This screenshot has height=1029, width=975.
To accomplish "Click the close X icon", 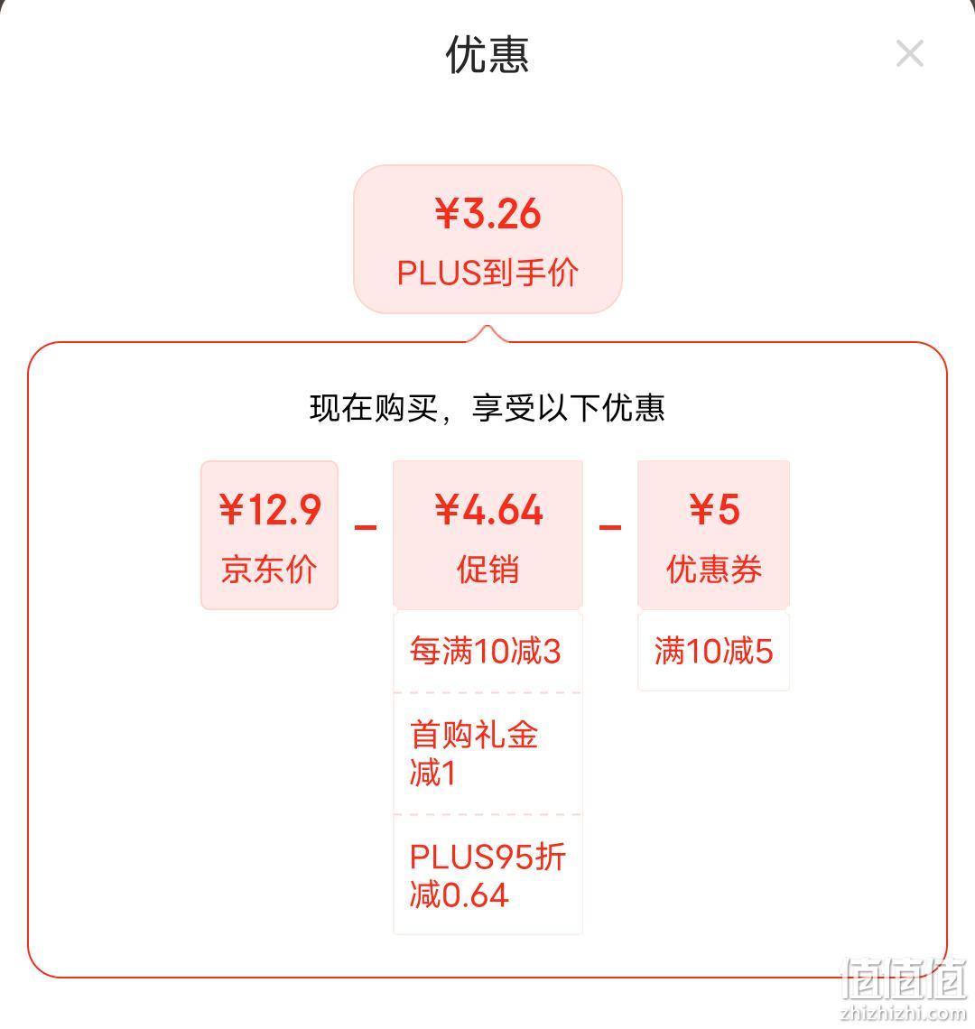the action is pyautogui.click(x=910, y=54).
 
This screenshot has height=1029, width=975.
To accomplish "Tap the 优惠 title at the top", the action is pyautogui.click(x=487, y=54).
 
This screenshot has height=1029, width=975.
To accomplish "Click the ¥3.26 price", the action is pyautogui.click(x=487, y=214).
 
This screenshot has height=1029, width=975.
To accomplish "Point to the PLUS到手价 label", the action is pyautogui.click(x=487, y=273).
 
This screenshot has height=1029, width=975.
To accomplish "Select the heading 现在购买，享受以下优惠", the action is pyautogui.click(x=487, y=407).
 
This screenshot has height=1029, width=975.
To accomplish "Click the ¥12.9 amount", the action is pyautogui.click(x=270, y=509).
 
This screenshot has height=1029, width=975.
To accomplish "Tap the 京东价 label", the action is pyautogui.click(x=269, y=569).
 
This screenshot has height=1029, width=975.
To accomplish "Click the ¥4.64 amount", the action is pyautogui.click(x=488, y=509).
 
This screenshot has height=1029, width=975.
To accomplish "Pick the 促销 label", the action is pyautogui.click(x=487, y=569).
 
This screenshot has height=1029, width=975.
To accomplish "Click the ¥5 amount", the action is pyautogui.click(x=714, y=509).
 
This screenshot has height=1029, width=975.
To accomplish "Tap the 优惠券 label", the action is pyautogui.click(x=714, y=569).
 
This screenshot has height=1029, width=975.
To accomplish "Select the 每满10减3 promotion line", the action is pyautogui.click(x=485, y=651).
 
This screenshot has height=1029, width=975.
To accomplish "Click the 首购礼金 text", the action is pyautogui.click(x=474, y=734).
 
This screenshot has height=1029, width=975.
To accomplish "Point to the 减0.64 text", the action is pyautogui.click(x=459, y=895).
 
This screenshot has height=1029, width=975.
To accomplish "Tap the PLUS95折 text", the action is pyautogui.click(x=487, y=857).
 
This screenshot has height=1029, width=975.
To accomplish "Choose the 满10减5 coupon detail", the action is pyautogui.click(x=714, y=651).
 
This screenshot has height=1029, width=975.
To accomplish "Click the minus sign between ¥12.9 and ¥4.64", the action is pyautogui.click(x=366, y=527).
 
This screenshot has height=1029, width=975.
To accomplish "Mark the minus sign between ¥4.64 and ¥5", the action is pyautogui.click(x=610, y=527).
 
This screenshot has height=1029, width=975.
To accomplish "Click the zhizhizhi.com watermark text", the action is pyautogui.click(x=904, y=1014).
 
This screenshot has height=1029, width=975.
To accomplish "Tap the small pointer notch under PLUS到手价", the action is pyautogui.click(x=487, y=333).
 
